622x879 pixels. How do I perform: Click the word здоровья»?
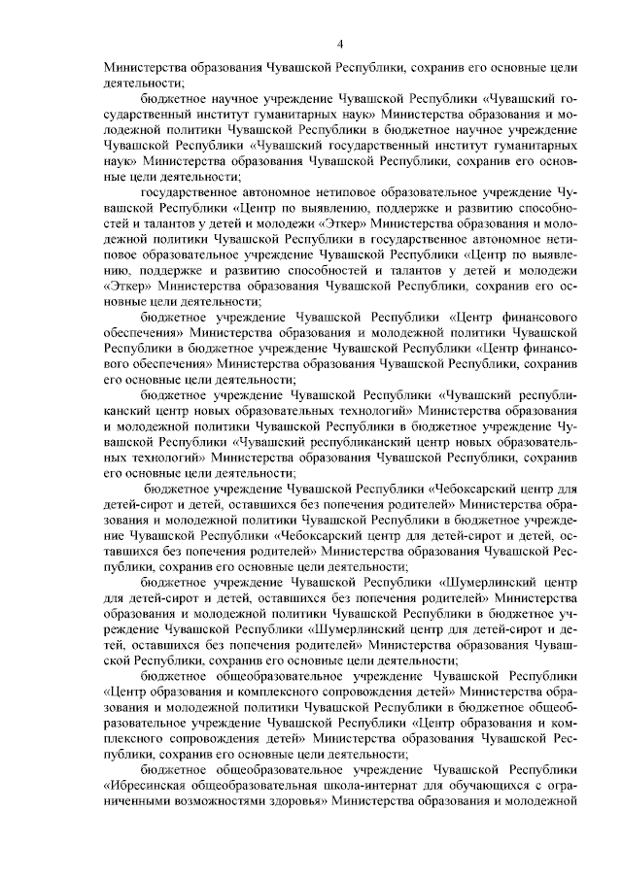tap(299, 802)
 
